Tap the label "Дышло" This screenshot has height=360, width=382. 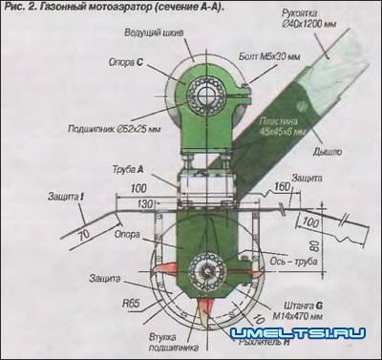click(329, 150)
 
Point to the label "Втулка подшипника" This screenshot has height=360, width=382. click(143, 336)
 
